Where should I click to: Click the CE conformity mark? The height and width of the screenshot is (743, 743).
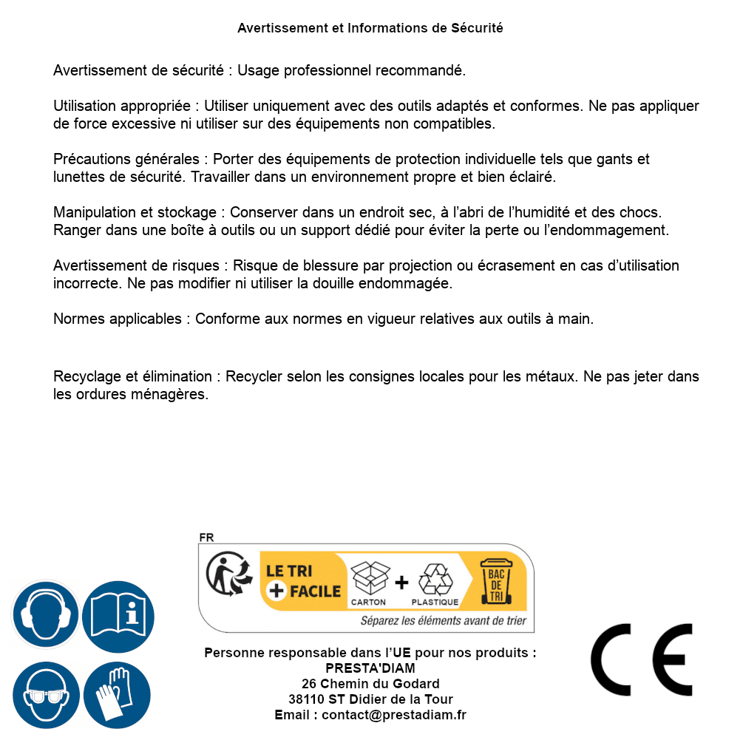[x=641, y=659]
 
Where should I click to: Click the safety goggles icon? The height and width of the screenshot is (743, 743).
[x=45, y=695]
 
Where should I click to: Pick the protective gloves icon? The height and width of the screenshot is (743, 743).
[x=118, y=695]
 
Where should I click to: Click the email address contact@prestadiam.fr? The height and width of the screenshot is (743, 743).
[x=394, y=715]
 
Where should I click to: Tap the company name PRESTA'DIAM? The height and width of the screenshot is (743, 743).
[x=370, y=668]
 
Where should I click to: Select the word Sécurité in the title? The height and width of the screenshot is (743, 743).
[x=477, y=28]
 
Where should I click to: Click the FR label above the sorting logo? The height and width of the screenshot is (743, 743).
[x=206, y=537]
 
